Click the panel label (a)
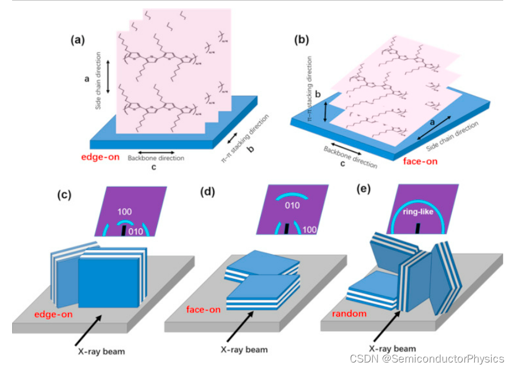pos(78,41)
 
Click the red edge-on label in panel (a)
pos(101,157)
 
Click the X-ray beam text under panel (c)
pos(101,349)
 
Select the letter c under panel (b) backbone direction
pos(342,163)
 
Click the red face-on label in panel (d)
pos(203,309)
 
